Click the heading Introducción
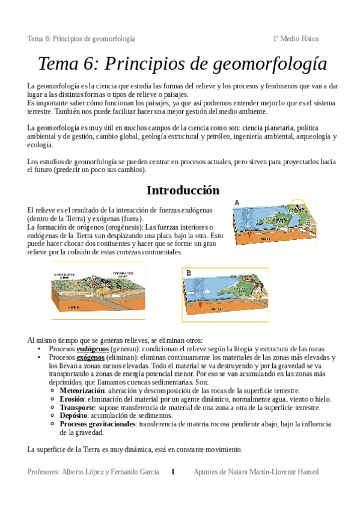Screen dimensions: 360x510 point(183,190)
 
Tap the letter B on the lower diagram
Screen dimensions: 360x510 point(189,273)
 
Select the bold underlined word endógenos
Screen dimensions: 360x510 point(93,349)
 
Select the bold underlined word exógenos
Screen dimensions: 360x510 point(91,357)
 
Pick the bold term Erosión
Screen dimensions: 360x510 point(72,399)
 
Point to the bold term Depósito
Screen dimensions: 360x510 point(74,416)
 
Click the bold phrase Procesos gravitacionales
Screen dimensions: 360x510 point(97,424)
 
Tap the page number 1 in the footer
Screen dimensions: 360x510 point(173,472)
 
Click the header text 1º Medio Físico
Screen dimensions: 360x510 point(295,39)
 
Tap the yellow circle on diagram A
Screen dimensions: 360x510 point(298,206)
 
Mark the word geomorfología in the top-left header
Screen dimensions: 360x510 point(113,39)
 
